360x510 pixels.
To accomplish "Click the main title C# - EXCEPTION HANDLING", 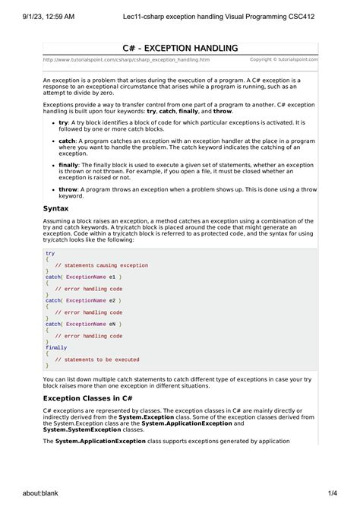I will (x=181, y=47).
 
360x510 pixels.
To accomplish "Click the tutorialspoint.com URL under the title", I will (x=116, y=59).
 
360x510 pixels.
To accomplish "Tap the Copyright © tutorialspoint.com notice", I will (x=284, y=59).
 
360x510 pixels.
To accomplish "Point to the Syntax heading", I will (x=56, y=207).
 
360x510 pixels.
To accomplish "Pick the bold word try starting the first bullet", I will (x=63, y=121).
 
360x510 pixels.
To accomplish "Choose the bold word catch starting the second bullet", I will (x=67, y=141).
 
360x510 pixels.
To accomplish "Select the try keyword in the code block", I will (x=50, y=253).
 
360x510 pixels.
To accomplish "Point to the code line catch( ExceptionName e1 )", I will (x=83, y=277).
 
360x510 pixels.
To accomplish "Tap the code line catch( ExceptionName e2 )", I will (x=83, y=300).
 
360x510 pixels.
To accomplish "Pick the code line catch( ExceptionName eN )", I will (x=83, y=324).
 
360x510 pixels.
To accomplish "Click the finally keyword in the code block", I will (x=56, y=347).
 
